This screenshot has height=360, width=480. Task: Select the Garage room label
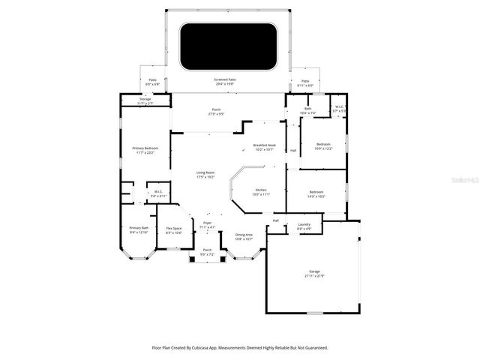pyautogui.click(x=314, y=272)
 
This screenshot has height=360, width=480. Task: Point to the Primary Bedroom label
pyautogui.click(x=145, y=149)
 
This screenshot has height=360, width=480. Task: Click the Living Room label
pyautogui.click(x=205, y=174)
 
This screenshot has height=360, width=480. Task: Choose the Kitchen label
pyautogui.click(x=260, y=191)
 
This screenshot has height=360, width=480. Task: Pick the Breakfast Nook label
pyautogui.click(x=263, y=147)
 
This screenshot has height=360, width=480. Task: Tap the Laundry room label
pyautogui.click(x=304, y=225)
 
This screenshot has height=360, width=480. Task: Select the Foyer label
pyautogui.click(x=207, y=224)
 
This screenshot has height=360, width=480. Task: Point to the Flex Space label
pyautogui.click(x=174, y=229)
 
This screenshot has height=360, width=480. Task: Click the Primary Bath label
pyautogui.click(x=139, y=229)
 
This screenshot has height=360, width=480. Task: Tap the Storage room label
pyautogui.click(x=145, y=100)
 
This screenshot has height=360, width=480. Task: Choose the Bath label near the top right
pyautogui.click(x=307, y=109)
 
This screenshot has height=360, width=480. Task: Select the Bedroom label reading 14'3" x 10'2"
pyautogui.click(x=316, y=193)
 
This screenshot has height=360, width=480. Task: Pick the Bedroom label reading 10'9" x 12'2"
pyautogui.click(x=323, y=145)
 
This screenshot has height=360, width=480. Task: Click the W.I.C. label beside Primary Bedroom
pyautogui.click(x=157, y=193)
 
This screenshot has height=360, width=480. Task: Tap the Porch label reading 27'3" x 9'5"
pyautogui.click(x=216, y=112)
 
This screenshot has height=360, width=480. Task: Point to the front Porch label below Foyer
pyautogui.click(x=207, y=251)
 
